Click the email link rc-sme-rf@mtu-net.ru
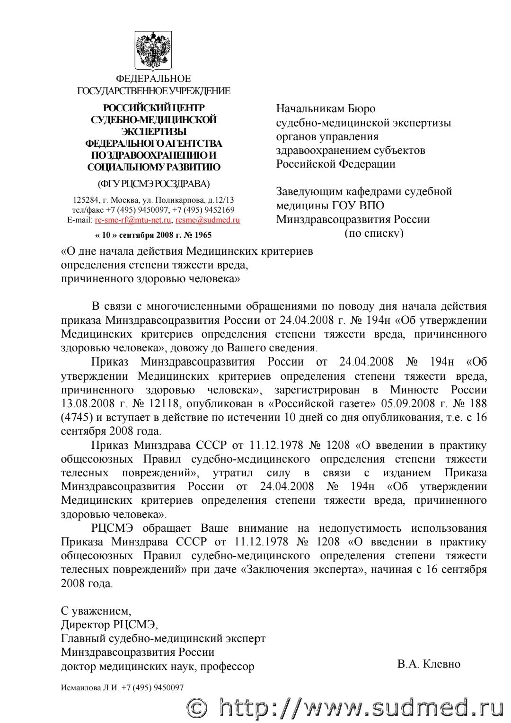(133, 220)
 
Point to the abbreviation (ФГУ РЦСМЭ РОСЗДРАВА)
(154, 183)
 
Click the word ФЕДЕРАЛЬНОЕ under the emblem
(154, 78)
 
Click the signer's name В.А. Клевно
(429, 664)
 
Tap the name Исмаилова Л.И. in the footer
(88, 687)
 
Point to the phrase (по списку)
(374, 233)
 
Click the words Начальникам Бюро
(326, 108)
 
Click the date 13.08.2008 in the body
(85, 404)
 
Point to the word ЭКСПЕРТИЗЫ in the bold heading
(154, 131)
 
